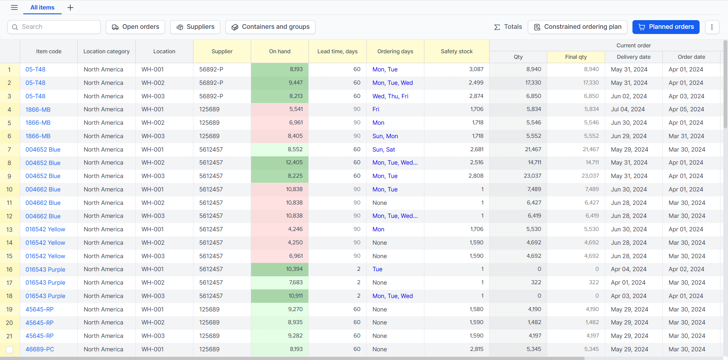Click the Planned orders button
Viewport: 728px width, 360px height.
pyautogui.click(x=666, y=27)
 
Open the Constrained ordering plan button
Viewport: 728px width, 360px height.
pyautogui.click(x=577, y=27)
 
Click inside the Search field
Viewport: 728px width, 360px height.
pyautogui.click(x=54, y=27)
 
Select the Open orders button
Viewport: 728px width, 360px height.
pyautogui.click(x=135, y=27)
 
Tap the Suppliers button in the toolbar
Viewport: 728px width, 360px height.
pyautogui.click(x=195, y=27)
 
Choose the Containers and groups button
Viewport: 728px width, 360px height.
pyautogui.click(x=270, y=27)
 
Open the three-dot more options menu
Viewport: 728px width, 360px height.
pyautogui.click(x=712, y=27)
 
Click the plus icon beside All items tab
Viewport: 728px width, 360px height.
pyautogui.click(x=70, y=7)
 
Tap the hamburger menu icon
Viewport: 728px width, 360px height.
pyautogui.click(x=14, y=7)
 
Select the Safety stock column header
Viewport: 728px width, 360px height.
pyautogui.click(x=457, y=51)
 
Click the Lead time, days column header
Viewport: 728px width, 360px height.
pyautogui.click(x=338, y=51)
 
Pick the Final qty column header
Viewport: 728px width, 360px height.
pyautogui.click(x=576, y=57)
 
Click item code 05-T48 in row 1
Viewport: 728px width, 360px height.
pyautogui.click(x=36, y=69)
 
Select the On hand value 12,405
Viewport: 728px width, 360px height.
pyautogui.click(x=294, y=163)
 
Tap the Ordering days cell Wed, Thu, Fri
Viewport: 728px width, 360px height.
pyautogui.click(x=390, y=96)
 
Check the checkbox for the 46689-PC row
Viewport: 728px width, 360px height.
pyautogui.click(x=9, y=349)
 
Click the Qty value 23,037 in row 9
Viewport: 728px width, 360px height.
pyautogui.click(x=533, y=176)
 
